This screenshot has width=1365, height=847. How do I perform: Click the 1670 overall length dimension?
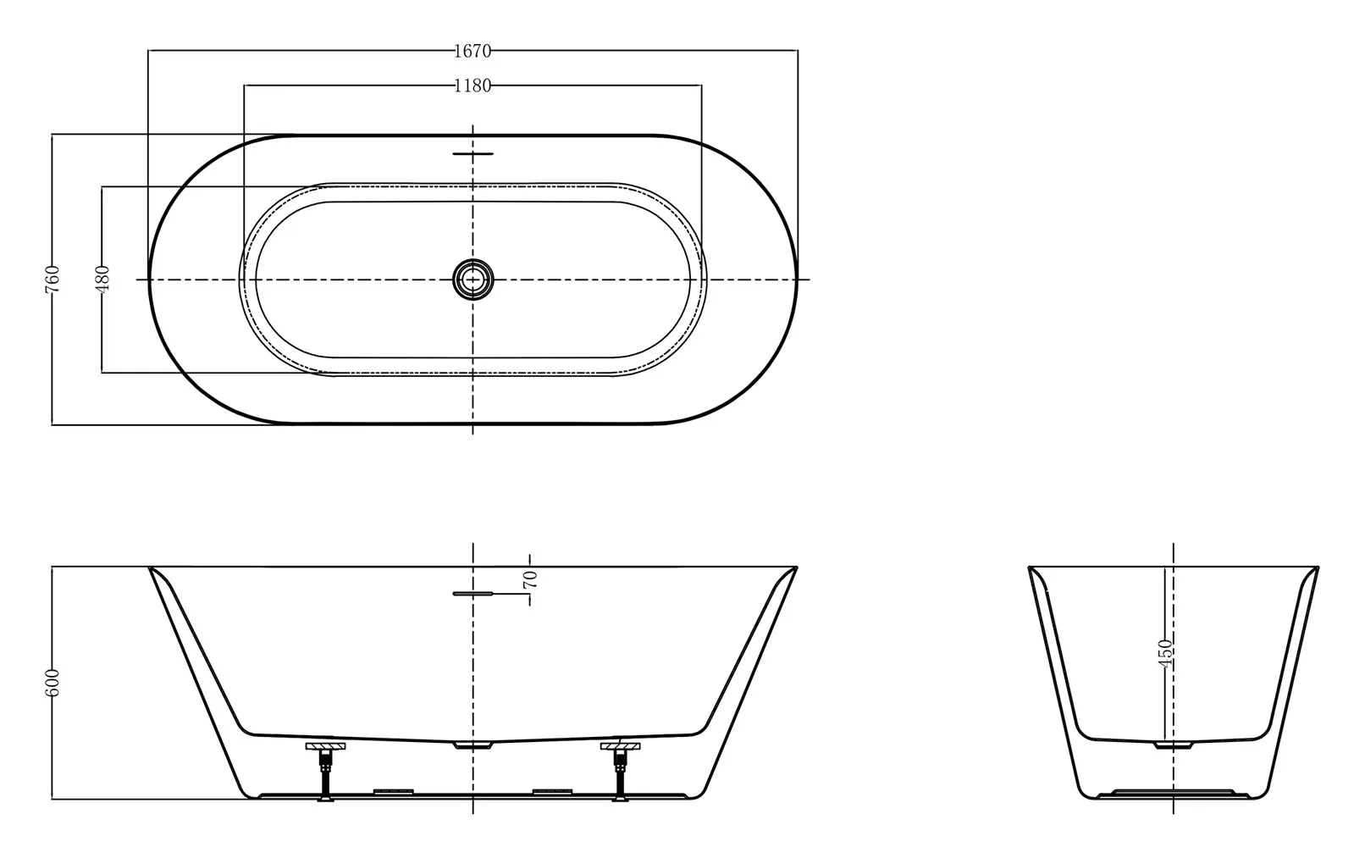click(472, 51)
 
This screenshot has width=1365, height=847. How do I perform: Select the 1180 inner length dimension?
click(472, 86)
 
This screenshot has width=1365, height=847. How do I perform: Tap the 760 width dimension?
click(52, 279)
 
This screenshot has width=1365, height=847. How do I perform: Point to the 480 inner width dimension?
click(102, 279)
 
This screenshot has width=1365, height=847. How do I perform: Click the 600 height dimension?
click(52, 683)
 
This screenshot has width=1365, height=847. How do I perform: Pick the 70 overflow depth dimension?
click(530, 579)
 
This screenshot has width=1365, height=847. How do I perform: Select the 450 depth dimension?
click(1165, 653)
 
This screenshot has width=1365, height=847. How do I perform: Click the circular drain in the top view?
click(472, 280)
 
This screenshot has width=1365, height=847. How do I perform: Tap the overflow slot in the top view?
click(472, 154)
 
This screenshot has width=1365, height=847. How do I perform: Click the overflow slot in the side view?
click(472, 594)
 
